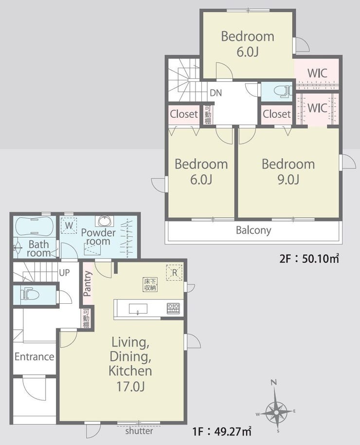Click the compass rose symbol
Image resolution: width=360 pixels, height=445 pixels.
276,410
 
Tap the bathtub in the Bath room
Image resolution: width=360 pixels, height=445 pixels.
34,226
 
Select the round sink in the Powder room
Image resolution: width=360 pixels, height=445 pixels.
105,221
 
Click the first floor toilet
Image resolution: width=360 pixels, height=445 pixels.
29,294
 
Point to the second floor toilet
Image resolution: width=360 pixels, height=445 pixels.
283,91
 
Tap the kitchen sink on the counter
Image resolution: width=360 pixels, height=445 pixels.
138,309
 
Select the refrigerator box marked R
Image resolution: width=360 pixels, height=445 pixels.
174,273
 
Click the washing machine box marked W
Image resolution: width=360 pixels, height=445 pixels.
69,225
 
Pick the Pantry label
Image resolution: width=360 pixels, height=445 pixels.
88,283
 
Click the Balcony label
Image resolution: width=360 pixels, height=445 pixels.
253,230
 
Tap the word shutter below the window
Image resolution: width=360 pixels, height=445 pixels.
139,431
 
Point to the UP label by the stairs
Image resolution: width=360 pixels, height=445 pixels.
64,273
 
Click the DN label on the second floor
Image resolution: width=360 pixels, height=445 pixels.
216,93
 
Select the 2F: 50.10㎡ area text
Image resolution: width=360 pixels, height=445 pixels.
309,259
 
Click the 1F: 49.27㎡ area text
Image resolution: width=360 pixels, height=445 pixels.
222,432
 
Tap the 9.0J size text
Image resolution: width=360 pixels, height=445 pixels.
288,180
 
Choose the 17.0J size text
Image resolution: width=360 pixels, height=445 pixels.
130,386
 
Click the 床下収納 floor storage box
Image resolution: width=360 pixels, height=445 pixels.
150,285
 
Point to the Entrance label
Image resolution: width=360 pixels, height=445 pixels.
35,357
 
